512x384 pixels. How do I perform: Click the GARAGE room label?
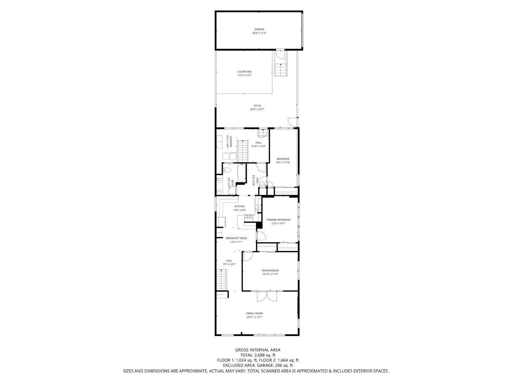pyautogui.click(x=259, y=29)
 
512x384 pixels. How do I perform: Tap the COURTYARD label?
pyautogui.click(x=244, y=72)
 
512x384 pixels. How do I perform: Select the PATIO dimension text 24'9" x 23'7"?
pyautogui.click(x=257, y=110)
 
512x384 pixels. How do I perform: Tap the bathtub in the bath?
pyautogui.click(x=242, y=173)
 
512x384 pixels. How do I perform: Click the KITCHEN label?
pyautogui.click(x=239, y=207)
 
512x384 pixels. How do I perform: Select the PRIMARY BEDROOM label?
pyautogui.click(x=278, y=220)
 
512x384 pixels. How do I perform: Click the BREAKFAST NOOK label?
pyautogui.click(x=236, y=238)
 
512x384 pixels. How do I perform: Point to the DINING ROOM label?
pyautogui.click(x=270, y=270)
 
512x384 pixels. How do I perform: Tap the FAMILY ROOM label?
pyautogui.click(x=255, y=313)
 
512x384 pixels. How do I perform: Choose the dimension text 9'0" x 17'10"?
pyautogui.click(x=283, y=162)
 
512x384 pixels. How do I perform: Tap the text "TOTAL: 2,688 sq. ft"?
pyautogui.click(x=258, y=355)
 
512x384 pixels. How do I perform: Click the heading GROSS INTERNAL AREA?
pyautogui.click(x=258, y=350)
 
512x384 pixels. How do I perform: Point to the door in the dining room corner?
pyautogui.click(x=247, y=256)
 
